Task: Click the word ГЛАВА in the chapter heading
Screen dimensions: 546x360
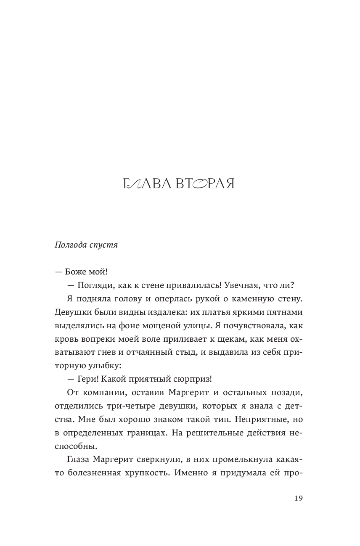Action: [147, 185]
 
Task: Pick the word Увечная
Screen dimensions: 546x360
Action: [240, 285]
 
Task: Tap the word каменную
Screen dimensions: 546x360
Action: [256, 298]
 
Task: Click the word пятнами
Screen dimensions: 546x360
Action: [284, 312]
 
